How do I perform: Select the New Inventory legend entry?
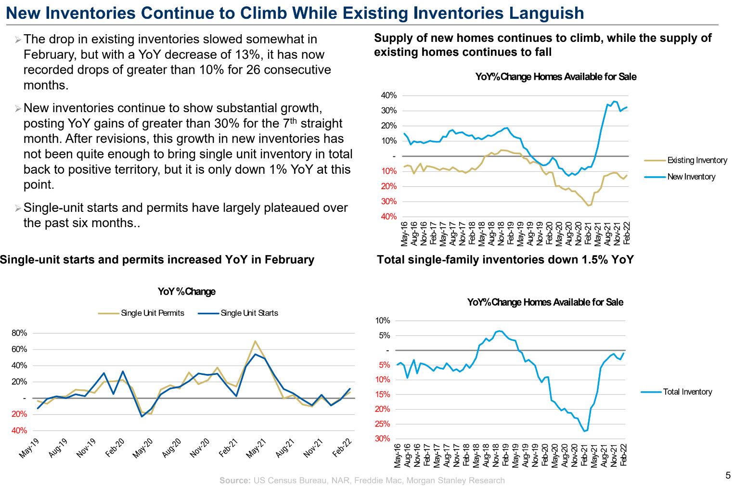[691, 177]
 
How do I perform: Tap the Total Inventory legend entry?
[687, 392]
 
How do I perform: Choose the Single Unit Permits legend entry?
[152, 313]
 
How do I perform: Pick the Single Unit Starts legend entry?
[249, 313]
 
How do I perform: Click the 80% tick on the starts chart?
[19, 333]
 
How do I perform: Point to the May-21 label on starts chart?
[256, 449]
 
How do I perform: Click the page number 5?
[728, 476]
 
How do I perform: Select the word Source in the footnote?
[235, 480]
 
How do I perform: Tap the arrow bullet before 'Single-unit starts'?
[18, 208]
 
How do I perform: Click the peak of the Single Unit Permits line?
[255, 341]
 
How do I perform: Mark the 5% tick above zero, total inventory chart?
[384, 335]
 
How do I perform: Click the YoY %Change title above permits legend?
[186, 291]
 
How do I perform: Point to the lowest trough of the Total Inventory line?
[584, 431]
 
